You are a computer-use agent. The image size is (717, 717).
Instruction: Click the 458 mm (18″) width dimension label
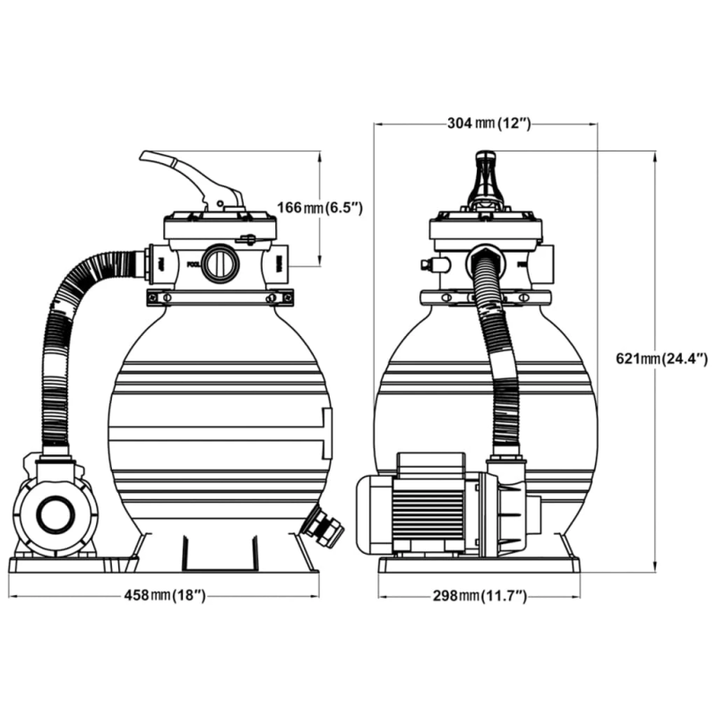162,595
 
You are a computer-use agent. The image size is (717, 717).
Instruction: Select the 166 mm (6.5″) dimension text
318,208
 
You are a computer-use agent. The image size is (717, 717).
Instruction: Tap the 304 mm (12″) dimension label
489,124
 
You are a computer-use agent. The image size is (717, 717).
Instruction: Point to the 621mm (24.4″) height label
664,358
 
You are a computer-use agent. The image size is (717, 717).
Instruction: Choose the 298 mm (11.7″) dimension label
479,595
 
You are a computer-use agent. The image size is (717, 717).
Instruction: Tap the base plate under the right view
479,565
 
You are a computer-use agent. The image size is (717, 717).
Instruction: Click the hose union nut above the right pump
507,464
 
